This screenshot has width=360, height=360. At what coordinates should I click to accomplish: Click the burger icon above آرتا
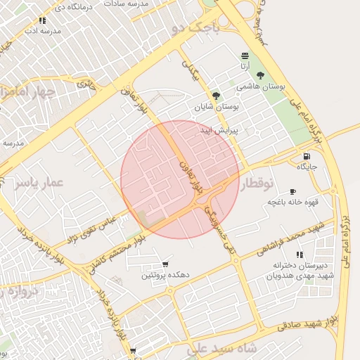(245, 56)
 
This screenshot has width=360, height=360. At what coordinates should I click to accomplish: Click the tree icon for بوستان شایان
(216, 96)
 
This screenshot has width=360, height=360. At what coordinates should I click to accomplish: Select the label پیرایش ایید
(220, 130)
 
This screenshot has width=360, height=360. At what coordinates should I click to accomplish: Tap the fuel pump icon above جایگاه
(307, 156)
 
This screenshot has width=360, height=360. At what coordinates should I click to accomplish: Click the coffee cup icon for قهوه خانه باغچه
(293, 191)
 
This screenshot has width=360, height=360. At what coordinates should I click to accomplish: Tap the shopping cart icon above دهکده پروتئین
(165, 264)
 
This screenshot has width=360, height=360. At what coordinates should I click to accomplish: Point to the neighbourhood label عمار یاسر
(38, 183)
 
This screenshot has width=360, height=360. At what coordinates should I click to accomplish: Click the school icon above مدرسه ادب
(42, 21)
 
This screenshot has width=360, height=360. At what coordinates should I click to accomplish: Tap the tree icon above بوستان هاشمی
(261, 75)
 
